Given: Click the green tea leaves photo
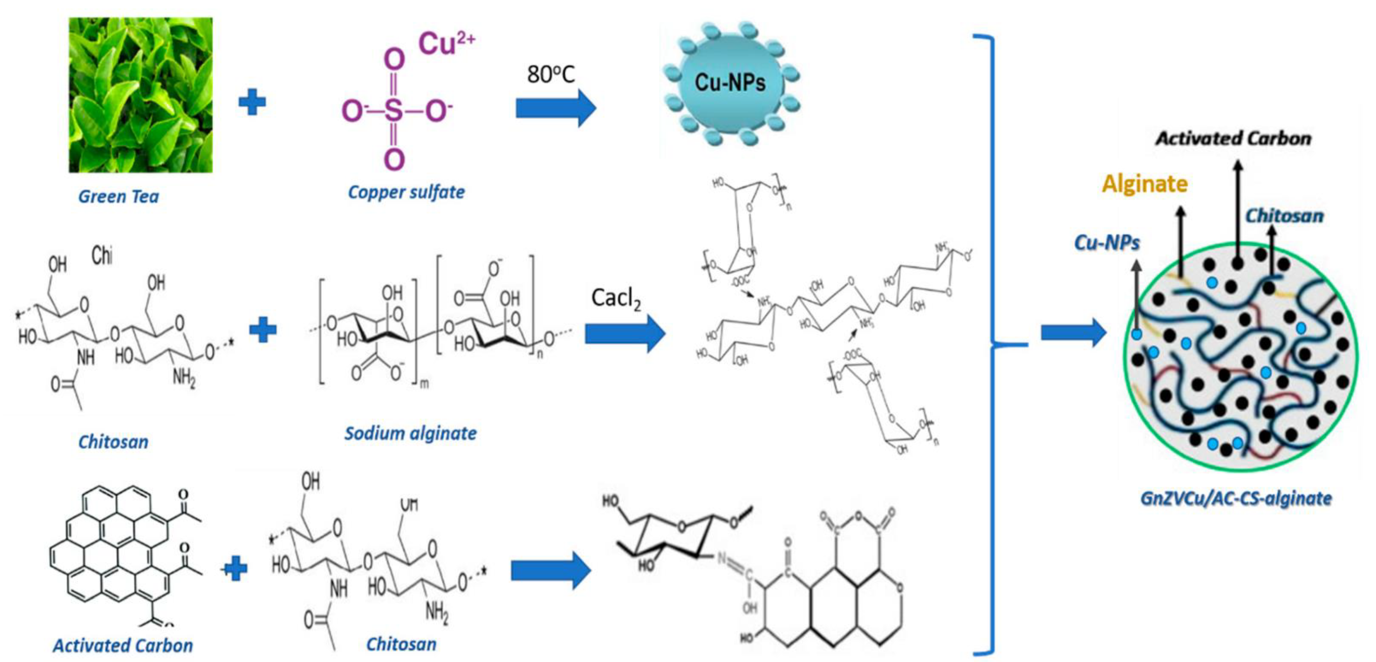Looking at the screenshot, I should pos(140,95).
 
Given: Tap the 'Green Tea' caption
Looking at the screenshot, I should pos(119,196).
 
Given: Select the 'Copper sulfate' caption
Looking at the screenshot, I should pos(406,192).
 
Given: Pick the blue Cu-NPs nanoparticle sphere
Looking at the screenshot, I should pos(730,82).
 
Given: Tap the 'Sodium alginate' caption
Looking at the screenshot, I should pos(410,433).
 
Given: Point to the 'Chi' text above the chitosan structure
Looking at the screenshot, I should pos(102,256).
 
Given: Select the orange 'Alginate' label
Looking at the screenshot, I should pos(1145,184).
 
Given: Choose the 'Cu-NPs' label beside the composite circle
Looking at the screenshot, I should pos(1107,243).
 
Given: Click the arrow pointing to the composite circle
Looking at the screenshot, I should pos(1073,333).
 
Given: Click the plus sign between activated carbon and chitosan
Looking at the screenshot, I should pos(234,569).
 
